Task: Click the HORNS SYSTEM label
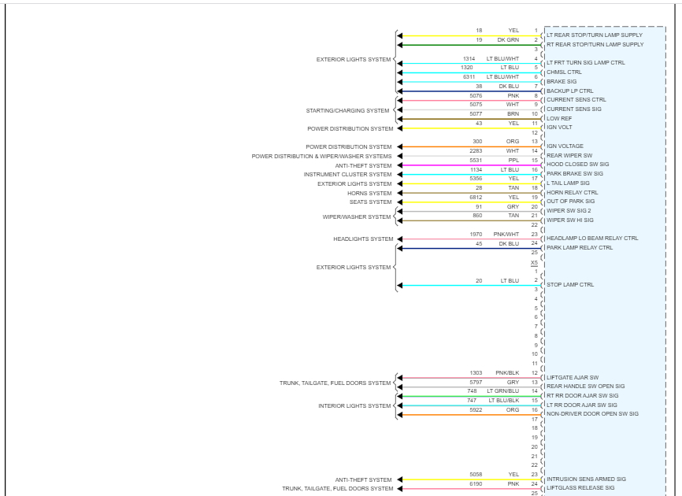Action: coord(369,193)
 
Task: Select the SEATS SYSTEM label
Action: coord(370,202)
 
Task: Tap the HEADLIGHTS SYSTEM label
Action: coord(363,239)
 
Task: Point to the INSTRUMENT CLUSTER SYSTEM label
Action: coord(347,175)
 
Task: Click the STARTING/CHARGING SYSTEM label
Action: coord(347,110)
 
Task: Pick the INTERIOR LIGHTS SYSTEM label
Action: coord(354,406)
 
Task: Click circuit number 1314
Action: coord(469,58)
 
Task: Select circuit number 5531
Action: coord(476,160)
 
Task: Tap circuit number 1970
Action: coord(476,234)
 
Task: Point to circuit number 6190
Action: coord(476,483)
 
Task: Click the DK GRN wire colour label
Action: coord(508,39)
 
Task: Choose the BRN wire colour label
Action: coord(513,113)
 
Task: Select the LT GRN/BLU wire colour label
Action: coord(503,391)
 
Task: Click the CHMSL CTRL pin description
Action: coord(564,72)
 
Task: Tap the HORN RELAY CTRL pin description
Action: coord(572,192)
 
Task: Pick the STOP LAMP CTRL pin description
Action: coord(570,284)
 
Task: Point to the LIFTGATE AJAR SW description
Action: coord(573,377)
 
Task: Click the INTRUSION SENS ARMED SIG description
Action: coord(586,479)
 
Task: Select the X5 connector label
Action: coord(534,262)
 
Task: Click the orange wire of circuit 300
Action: coord(465,147)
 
